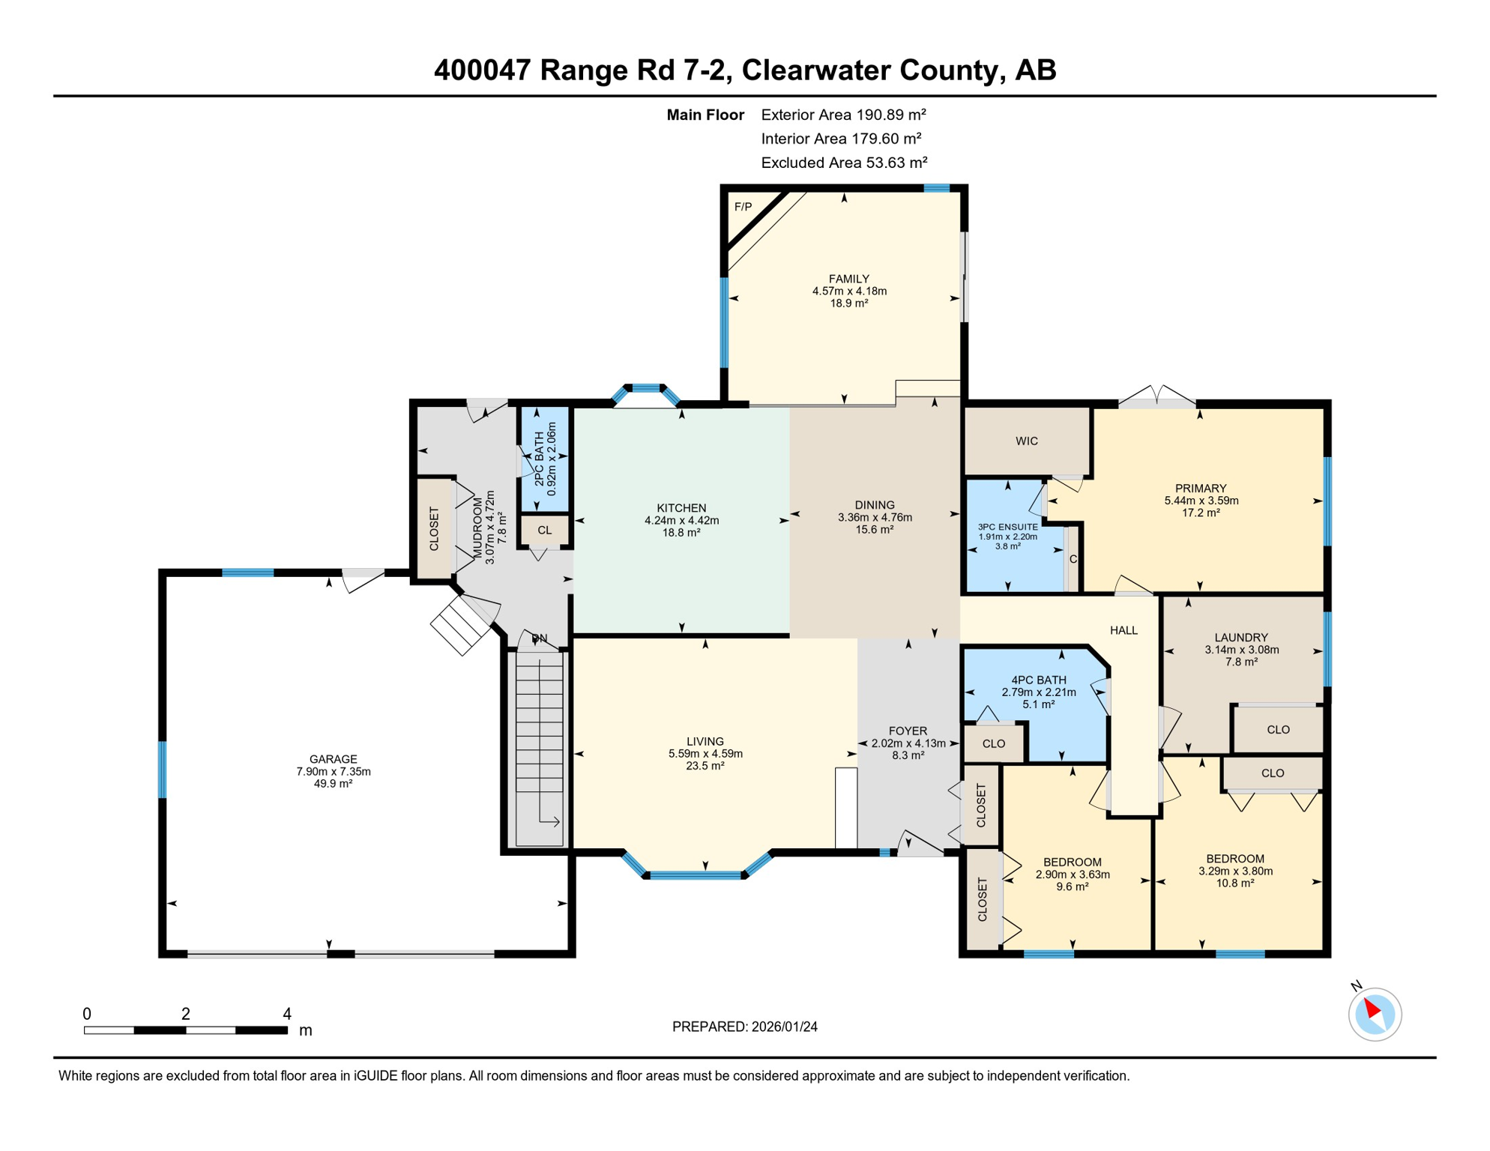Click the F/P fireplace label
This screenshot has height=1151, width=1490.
(x=743, y=207)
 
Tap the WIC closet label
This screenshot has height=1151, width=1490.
(x=1027, y=441)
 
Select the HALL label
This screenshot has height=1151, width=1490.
(x=1124, y=631)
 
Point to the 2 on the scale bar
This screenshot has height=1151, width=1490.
(x=186, y=1014)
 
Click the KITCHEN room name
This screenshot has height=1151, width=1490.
(x=681, y=508)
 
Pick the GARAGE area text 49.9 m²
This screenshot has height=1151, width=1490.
(x=334, y=784)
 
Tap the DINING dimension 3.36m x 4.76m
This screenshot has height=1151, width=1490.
(x=875, y=517)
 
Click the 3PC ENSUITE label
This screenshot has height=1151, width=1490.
(x=1008, y=528)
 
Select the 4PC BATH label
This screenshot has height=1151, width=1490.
(x=1039, y=680)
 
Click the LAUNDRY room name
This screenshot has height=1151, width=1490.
(x=1241, y=638)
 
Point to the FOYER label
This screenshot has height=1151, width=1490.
(x=908, y=731)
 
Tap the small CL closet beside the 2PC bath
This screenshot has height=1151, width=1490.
(x=545, y=531)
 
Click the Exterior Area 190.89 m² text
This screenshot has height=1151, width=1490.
(x=844, y=115)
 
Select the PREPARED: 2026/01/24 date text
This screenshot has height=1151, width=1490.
(x=745, y=1027)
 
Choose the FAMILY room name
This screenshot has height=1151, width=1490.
(x=849, y=279)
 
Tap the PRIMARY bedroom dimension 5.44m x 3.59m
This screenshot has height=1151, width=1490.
(x=1201, y=501)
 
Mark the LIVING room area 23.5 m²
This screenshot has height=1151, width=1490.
(x=705, y=766)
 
